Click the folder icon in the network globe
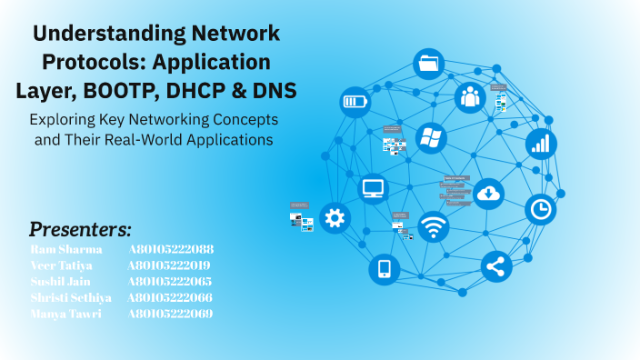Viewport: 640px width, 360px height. (428, 64)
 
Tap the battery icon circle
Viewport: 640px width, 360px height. (355, 101)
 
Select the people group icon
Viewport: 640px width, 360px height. (470, 95)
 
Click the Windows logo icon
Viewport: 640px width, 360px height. (431, 138)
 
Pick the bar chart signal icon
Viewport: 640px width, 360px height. (541, 144)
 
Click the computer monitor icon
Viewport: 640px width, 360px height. (374, 188)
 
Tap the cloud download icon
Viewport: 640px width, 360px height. (489, 193)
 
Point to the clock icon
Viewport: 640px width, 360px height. (540, 209)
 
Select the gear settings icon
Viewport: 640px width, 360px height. (335, 217)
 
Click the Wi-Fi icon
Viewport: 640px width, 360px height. (433, 227)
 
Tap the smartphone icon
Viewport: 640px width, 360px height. (384, 268)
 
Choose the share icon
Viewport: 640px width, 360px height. (496, 266)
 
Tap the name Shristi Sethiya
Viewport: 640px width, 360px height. (71, 298)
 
